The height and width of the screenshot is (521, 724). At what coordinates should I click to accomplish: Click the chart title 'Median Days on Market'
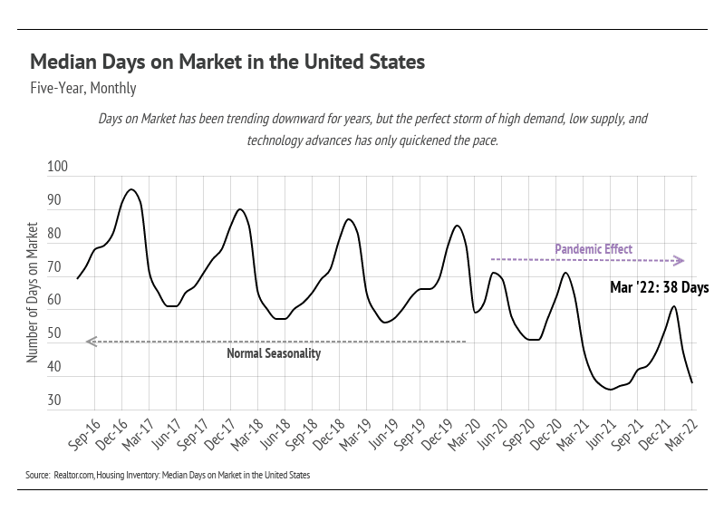click(x=227, y=63)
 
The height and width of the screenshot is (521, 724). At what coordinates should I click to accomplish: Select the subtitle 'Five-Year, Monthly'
click(x=82, y=89)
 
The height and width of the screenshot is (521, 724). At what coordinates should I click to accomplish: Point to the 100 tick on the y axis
click(x=57, y=168)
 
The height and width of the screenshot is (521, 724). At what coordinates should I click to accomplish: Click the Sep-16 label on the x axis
click(x=83, y=434)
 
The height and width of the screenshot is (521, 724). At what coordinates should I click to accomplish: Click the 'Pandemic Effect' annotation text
click(x=594, y=249)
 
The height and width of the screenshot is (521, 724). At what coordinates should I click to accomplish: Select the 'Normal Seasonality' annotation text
click(x=274, y=354)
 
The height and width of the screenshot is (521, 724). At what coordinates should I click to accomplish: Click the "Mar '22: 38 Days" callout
click(x=659, y=288)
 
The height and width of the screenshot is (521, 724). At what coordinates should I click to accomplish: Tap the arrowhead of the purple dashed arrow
click(x=680, y=261)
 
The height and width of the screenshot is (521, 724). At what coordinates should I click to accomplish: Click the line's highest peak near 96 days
click(x=131, y=189)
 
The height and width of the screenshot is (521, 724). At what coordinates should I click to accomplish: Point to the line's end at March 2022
click(x=691, y=382)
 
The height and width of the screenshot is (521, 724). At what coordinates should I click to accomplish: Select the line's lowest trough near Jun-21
click(x=611, y=390)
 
